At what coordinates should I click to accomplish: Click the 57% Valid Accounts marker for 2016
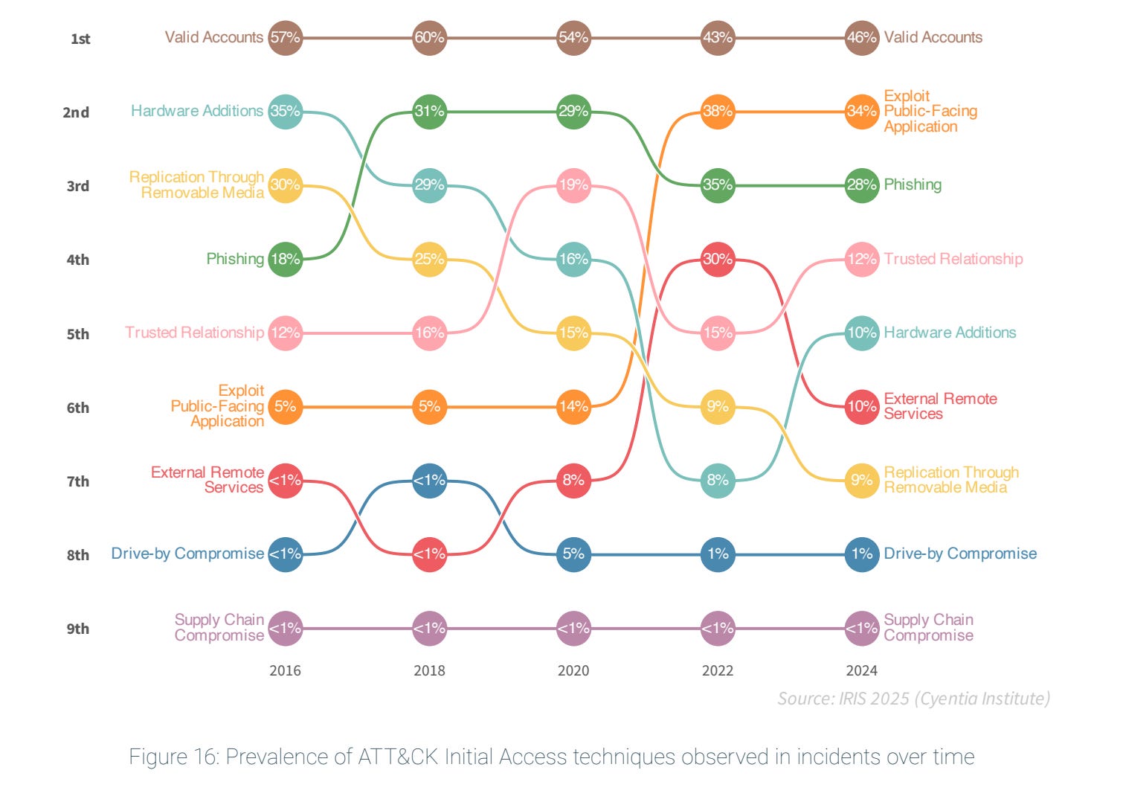(x=285, y=37)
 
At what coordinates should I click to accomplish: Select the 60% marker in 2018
(x=429, y=37)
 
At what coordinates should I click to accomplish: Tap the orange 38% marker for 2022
(x=718, y=112)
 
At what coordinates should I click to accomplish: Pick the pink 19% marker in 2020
(x=573, y=185)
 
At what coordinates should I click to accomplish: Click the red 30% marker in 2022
(x=718, y=259)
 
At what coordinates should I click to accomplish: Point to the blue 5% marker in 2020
(x=573, y=554)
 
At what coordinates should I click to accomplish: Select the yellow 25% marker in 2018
(x=429, y=259)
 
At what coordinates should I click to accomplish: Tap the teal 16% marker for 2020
(x=573, y=259)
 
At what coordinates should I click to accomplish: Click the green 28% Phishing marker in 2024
(x=862, y=185)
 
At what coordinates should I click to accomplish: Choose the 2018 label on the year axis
(x=429, y=670)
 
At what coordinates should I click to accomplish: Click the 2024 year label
(x=861, y=670)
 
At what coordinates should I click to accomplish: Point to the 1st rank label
(x=80, y=39)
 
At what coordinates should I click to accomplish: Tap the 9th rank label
(x=78, y=629)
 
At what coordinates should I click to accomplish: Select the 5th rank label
(x=78, y=334)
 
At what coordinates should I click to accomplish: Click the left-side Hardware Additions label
(x=197, y=111)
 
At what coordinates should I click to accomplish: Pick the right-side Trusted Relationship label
(x=953, y=259)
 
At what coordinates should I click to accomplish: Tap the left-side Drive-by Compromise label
(x=187, y=554)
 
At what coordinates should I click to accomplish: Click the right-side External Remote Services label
(x=940, y=406)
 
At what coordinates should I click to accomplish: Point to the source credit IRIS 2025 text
(x=913, y=698)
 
